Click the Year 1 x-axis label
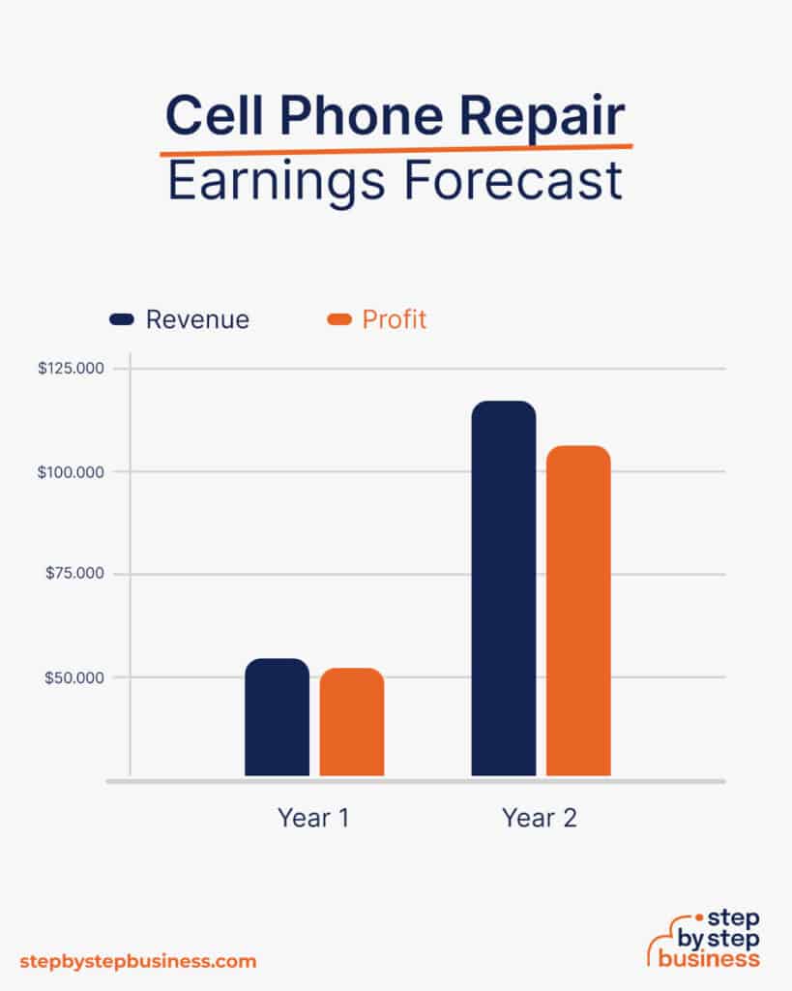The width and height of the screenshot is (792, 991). pyautogui.click(x=313, y=818)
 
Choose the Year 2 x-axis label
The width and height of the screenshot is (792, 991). pyautogui.click(x=540, y=818)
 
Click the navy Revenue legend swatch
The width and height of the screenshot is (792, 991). pyautogui.click(x=122, y=319)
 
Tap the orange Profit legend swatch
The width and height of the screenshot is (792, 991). pyautogui.click(x=339, y=319)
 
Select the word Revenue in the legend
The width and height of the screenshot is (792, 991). pyautogui.click(x=197, y=319)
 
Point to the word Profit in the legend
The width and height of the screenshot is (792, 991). pyautogui.click(x=395, y=319)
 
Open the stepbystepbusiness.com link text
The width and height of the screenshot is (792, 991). pyautogui.click(x=138, y=961)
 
